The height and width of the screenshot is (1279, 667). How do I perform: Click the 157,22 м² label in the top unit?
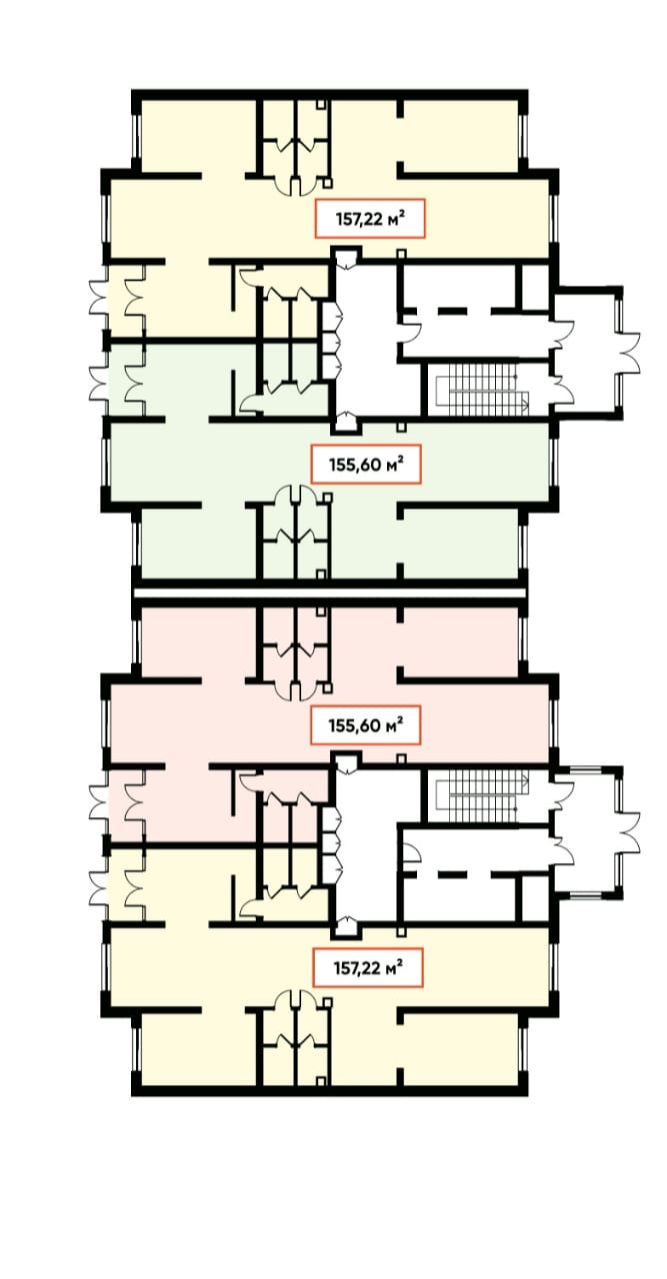(370, 218)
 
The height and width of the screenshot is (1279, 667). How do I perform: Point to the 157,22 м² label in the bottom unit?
(369, 968)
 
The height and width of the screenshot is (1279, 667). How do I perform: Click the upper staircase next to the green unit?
(484, 391)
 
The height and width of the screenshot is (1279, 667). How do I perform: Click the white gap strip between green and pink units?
(329, 594)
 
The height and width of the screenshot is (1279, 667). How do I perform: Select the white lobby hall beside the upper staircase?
(366, 337)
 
